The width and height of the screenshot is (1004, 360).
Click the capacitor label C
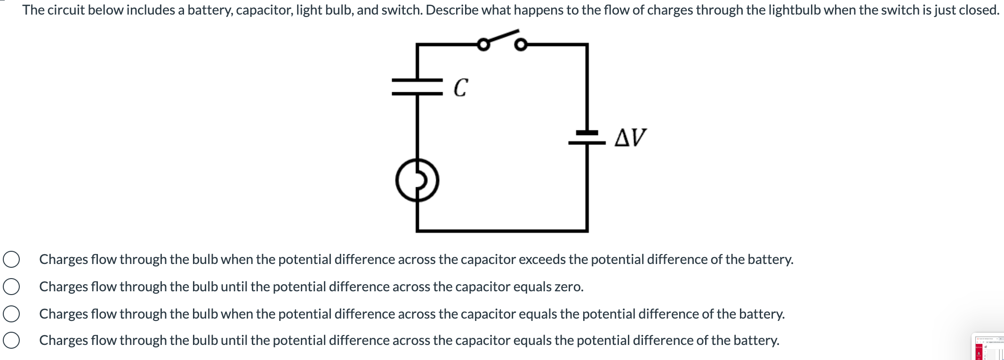point(461,88)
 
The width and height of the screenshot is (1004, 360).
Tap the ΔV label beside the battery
point(630,137)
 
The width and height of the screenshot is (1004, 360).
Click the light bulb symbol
point(417,181)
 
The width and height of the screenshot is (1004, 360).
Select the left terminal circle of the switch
point(483,45)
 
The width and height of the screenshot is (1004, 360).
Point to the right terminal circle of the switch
point(520,45)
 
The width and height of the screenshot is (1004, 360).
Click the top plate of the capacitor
point(417,80)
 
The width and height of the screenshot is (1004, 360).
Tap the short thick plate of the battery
point(587,133)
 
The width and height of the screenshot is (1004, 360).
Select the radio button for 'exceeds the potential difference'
point(11,259)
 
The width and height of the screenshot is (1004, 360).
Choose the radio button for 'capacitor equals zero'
point(11,287)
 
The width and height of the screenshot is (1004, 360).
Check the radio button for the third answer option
point(11,314)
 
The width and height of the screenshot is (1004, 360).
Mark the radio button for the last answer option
point(11,340)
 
